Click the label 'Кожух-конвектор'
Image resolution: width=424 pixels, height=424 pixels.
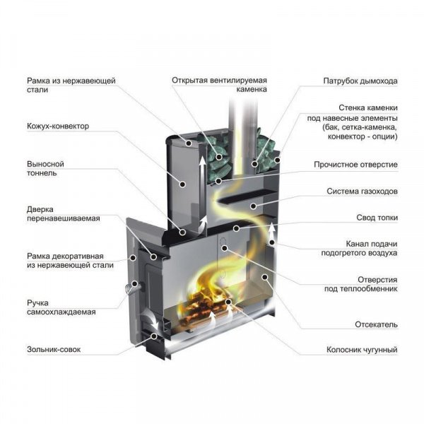coord(58,126)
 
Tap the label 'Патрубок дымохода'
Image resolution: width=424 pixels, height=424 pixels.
coord(360,81)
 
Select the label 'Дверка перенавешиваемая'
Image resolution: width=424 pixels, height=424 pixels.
coord(63,213)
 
